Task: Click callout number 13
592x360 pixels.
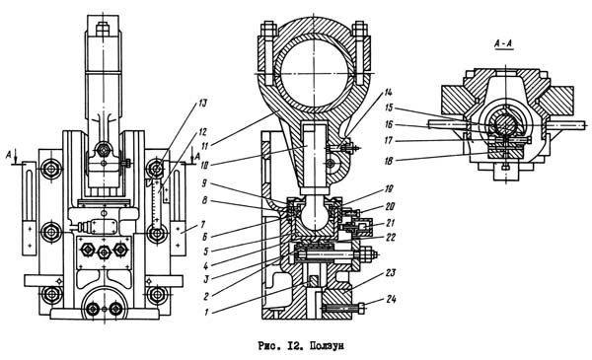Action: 203,104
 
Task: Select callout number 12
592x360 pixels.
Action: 202,132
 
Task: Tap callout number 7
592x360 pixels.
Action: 202,225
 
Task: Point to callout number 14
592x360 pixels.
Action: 388,92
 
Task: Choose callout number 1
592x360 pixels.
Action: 206,313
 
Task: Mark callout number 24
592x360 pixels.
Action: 391,299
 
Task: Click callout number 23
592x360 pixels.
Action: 391,272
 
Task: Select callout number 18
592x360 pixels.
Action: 389,161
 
